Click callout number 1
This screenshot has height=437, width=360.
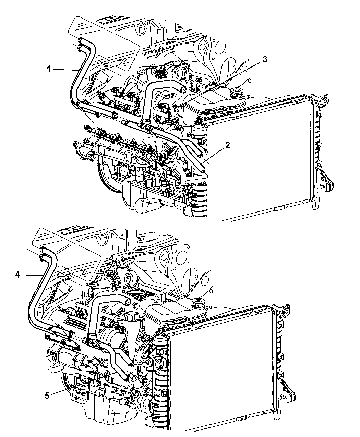(x=49, y=69)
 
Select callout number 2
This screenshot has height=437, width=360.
(x=227, y=145)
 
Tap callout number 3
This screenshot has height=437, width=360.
(x=265, y=59)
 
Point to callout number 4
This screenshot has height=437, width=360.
(x=17, y=275)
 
